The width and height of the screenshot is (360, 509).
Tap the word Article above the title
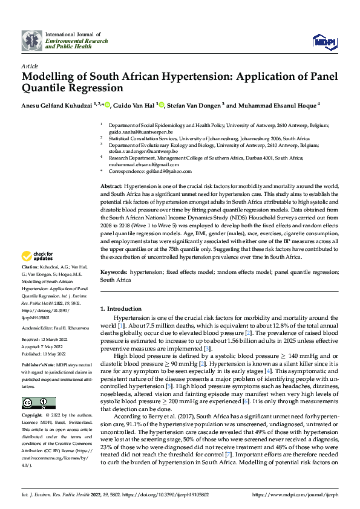coord(30,66)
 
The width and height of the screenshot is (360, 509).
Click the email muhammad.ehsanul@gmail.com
coord(145,164)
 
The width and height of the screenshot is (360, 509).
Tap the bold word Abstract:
coord(112,187)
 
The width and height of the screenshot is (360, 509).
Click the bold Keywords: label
coord(114,273)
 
